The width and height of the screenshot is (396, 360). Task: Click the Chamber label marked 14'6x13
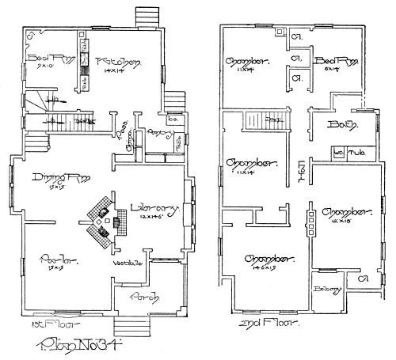point(268,259)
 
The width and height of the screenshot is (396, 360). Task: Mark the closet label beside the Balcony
point(361,279)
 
